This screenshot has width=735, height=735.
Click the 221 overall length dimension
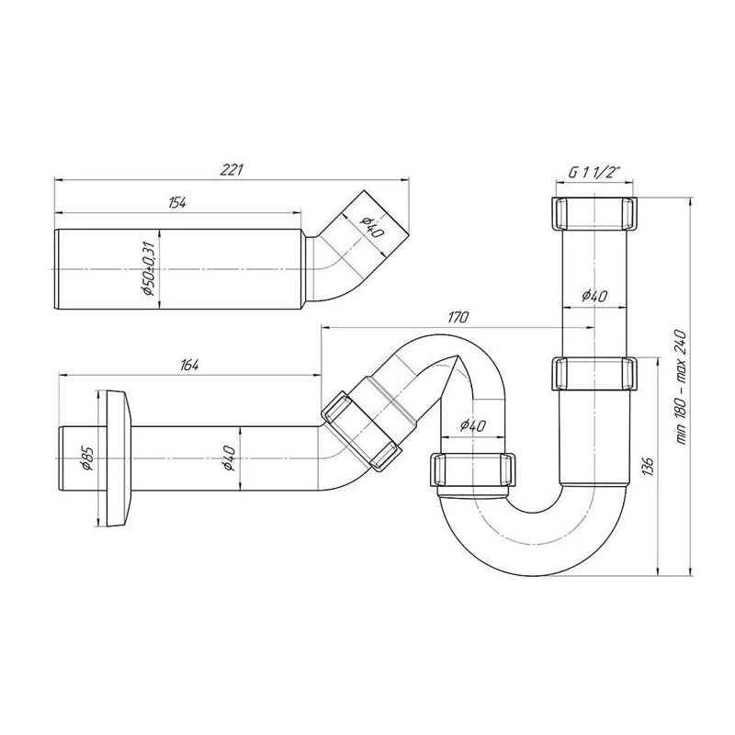[232, 170]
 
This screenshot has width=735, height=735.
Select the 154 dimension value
[177, 203]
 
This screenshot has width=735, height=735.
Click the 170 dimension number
[459, 318]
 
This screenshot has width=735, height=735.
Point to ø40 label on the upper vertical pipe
[594, 296]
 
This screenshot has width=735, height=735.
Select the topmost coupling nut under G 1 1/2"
[594, 213]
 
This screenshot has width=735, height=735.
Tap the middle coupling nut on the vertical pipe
[594, 374]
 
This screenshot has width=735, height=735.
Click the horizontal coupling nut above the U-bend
[471, 469]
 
